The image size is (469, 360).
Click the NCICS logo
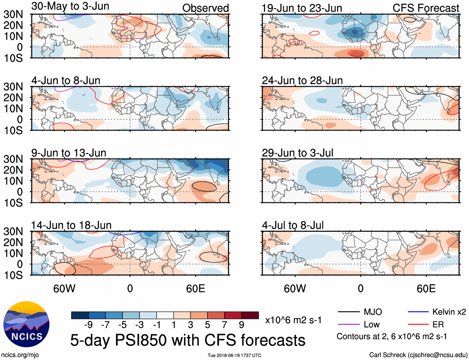[26, 324]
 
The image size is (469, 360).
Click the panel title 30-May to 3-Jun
[70, 6]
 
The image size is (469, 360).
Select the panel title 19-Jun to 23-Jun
[302, 8]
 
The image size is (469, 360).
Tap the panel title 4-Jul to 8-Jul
[293, 225]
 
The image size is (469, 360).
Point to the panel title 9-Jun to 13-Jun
[69, 153]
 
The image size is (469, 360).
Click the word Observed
[205, 8]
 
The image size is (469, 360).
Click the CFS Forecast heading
[426, 8]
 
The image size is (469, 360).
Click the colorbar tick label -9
[89, 325]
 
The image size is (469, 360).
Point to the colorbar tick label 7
[225, 325]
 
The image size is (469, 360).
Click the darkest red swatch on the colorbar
[250, 315]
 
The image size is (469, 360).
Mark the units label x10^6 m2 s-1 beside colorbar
[293, 320]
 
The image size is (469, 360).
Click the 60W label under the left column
[64, 288]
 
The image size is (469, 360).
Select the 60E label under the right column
[426, 288]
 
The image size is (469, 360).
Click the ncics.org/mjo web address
[20, 355]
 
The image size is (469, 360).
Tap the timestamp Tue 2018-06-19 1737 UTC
[234, 355]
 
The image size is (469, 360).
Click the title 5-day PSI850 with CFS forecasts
[188, 340]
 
